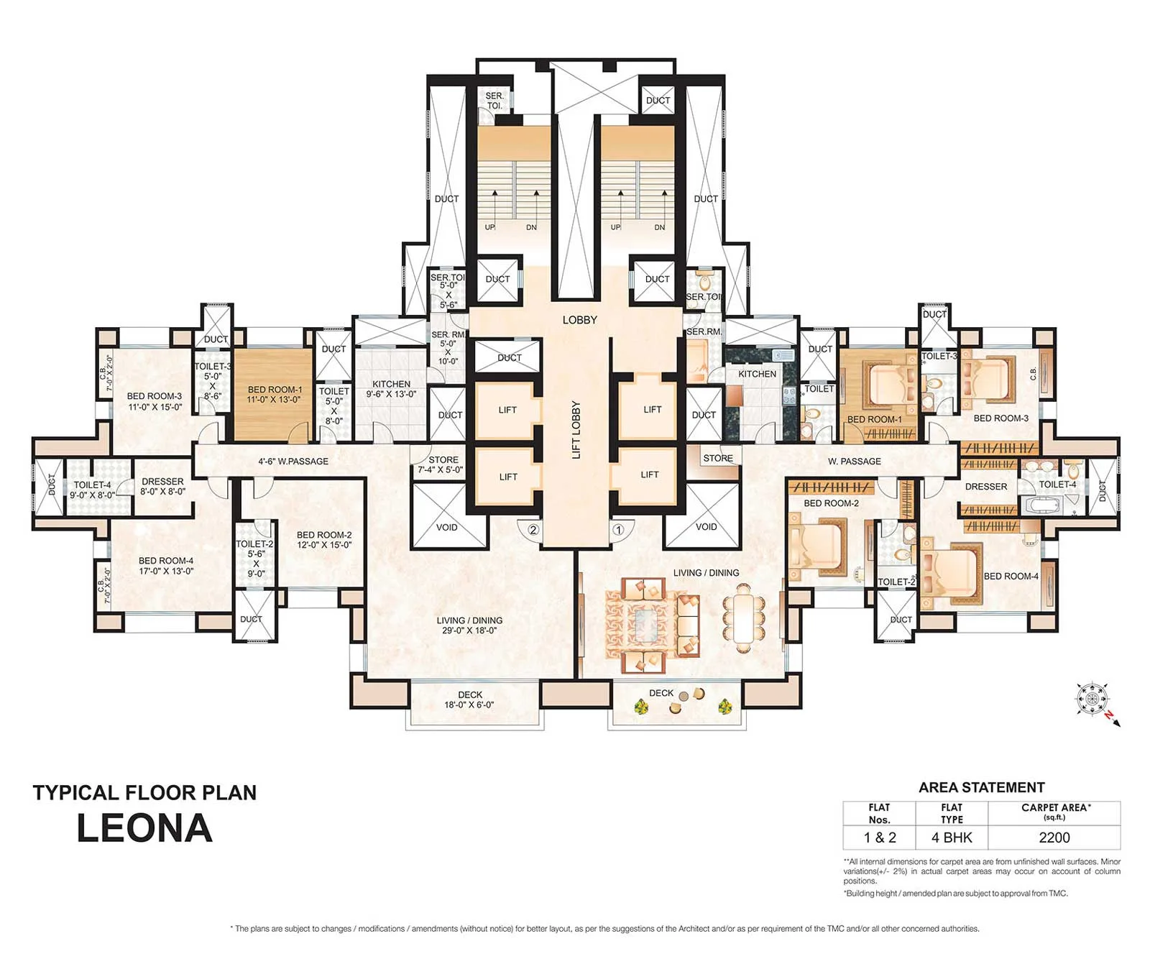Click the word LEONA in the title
point(144,828)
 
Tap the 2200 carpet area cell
point(1054,838)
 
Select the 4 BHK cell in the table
point(952,838)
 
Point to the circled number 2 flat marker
point(533,530)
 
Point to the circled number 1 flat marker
point(617,530)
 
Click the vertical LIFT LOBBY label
point(576,430)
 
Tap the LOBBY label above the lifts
point(579,320)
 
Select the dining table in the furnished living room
point(742,617)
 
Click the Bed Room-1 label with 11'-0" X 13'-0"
point(274,395)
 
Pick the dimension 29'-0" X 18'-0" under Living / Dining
point(469,631)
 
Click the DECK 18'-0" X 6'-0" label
point(469,700)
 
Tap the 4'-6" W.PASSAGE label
point(293,462)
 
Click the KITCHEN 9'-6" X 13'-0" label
point(391,389)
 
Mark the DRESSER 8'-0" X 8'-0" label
point(162,487)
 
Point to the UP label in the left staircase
point(489,227)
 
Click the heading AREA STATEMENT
point(981,787)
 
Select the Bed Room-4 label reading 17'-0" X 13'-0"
point(166,566)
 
